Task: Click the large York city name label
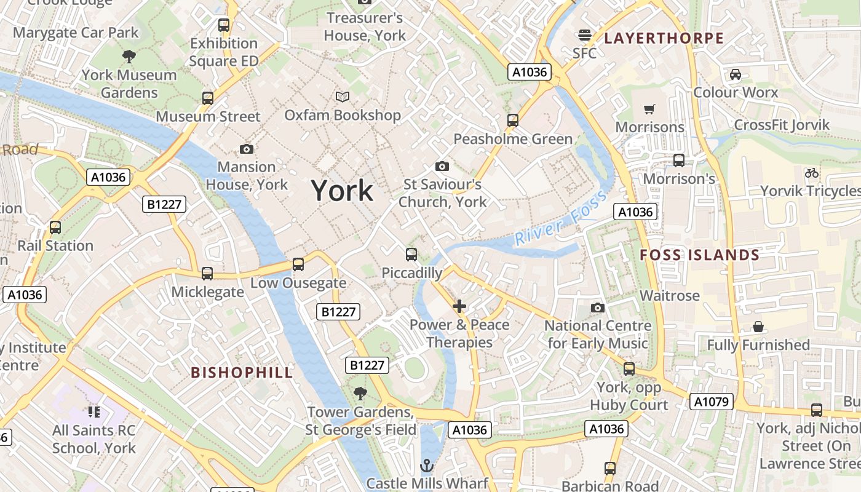point(342,191)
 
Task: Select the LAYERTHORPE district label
point(664,38)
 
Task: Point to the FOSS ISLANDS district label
point(700,255)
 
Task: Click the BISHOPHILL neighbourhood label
point(242,372)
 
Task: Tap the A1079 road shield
point(712,402)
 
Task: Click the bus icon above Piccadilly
point(411,254)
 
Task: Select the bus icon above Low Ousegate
point(298,264)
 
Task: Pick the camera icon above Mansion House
point(247,149)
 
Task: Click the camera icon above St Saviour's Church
point(442,166)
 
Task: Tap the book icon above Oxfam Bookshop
point(343,97)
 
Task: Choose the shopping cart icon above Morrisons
point(649,109)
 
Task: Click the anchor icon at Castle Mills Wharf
point(427,465)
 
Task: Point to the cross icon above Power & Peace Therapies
point(459,306)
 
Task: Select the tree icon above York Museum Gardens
point(129,57)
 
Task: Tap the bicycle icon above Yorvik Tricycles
point(812,173)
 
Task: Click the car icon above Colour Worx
point(735,74)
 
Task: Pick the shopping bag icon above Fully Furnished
point(758,327)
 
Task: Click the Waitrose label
point(670,296)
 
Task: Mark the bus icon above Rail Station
point(55,228)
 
